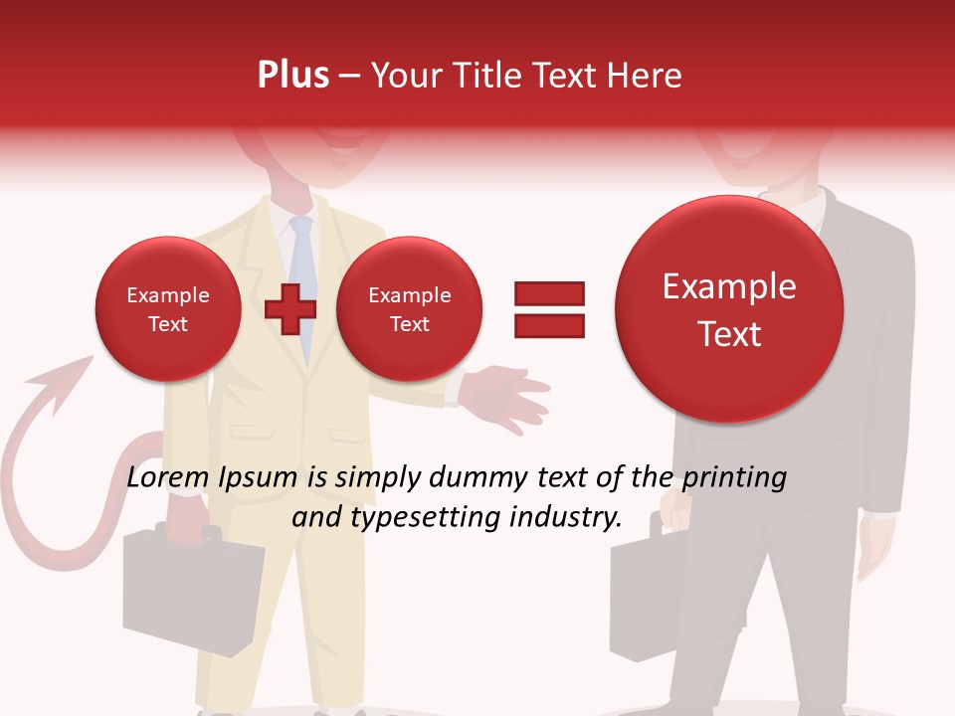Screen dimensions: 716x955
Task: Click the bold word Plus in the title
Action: tap(292, 75)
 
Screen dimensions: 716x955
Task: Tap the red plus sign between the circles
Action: tap(290, 309)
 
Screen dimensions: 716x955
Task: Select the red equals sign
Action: tap(549, 309)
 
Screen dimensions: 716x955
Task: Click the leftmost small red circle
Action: tap(168, 309)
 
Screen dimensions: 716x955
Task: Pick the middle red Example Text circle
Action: tap(409, 309)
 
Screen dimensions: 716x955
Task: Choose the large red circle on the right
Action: tap(729, 309)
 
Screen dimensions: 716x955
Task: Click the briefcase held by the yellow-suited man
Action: tap(189, 587)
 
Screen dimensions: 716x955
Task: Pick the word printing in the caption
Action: tap(734, 477)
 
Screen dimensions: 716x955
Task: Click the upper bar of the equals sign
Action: tap(549, 293)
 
